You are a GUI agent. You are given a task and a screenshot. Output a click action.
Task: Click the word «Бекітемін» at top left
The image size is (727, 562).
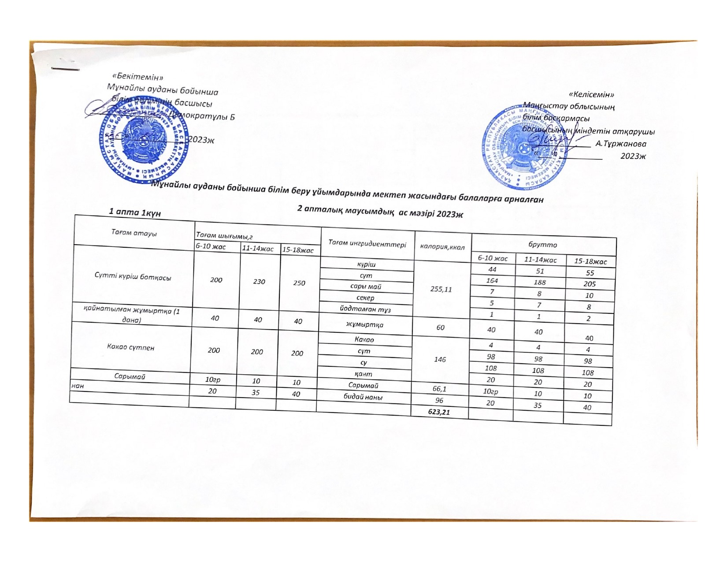138,78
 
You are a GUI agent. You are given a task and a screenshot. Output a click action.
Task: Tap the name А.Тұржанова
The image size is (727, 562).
621,144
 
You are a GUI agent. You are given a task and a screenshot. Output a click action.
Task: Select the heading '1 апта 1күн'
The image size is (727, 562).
135,212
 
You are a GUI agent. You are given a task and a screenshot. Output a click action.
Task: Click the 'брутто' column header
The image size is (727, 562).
545,245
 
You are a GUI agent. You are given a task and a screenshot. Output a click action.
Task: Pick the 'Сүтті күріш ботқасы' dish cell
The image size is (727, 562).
133,277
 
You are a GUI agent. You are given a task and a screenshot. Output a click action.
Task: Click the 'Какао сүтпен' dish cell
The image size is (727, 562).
131,347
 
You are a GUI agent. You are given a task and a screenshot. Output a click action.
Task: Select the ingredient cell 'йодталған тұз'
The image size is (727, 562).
365,309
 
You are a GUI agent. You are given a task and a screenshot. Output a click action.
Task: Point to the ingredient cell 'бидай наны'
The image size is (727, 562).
363,397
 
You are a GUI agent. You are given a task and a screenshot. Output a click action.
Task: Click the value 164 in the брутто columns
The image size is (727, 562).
492,280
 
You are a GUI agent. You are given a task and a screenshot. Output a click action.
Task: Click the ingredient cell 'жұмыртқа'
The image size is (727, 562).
364,324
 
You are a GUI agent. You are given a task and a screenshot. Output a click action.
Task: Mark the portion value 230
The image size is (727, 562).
259,281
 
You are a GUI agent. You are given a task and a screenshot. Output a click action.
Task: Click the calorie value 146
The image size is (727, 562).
440,359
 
